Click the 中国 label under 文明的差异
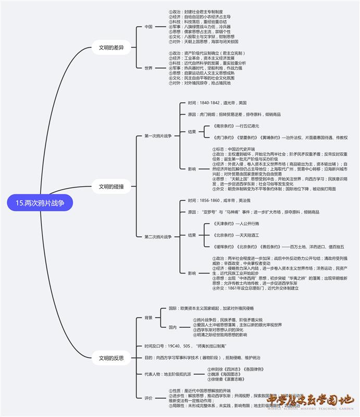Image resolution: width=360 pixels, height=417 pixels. coord(148,26)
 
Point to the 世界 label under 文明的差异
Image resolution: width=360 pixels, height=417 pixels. coord(148,68)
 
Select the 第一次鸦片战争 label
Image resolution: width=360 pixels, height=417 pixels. coord(158,136)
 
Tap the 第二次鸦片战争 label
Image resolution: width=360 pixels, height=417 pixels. coord(158,237)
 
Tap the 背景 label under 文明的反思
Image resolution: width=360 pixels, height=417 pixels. coord(148,317)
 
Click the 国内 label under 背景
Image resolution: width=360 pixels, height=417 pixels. coord(172,327)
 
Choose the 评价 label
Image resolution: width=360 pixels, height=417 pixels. coord(148,398)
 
